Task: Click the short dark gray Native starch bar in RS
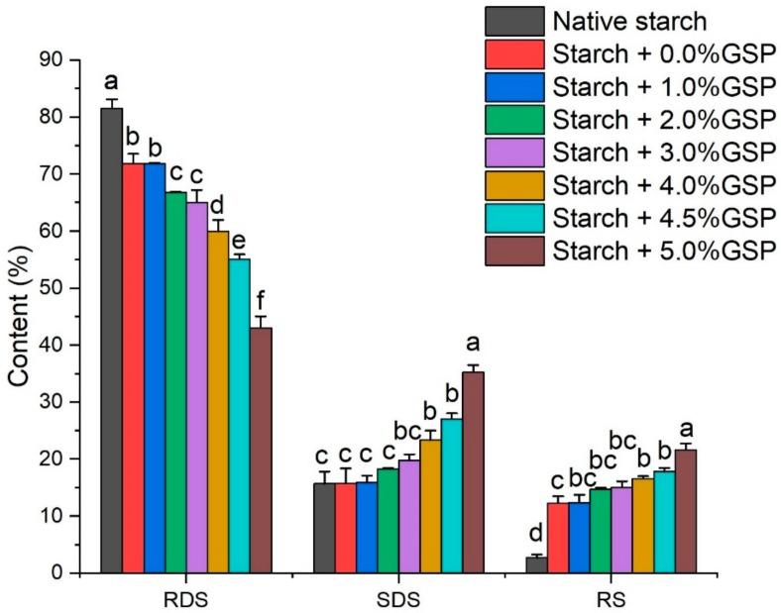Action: pos(535,564)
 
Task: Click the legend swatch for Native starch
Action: pos(514,20)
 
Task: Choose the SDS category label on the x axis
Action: pos(398,599)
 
